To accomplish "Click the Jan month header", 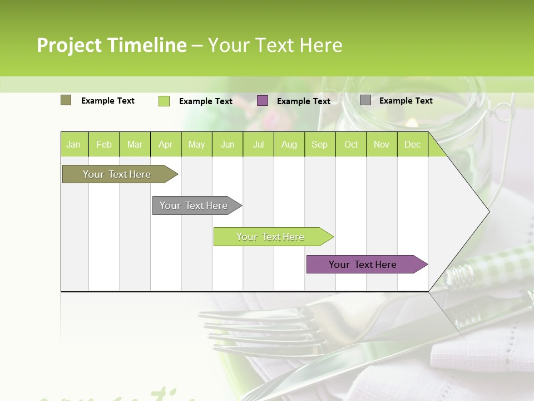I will (x=73, y=144).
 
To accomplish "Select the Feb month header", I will (x=104, y=144).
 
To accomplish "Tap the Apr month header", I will (x=165, y=144).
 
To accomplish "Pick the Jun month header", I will (x=228, y=144).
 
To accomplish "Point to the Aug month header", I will (x=289, y=144).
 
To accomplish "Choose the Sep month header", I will (x=319, y=144).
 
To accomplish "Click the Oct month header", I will (x=351, y=144).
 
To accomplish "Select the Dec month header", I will (x=412, y=144).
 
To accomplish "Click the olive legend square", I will (x=66, y=100).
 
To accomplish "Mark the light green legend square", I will (x=164, y=101).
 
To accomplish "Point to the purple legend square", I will (x=263, y=101).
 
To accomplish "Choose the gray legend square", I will (x=365, y=100).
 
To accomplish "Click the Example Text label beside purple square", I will (x=304, y=101).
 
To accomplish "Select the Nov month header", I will (x=382, y=144).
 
